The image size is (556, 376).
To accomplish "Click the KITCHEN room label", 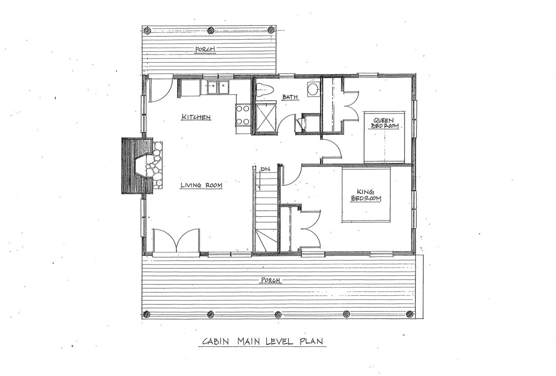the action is (x=196, y=117).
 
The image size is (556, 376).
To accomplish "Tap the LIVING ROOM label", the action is (x=201, y=185).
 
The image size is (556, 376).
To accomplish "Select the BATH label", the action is (x=290, y=97).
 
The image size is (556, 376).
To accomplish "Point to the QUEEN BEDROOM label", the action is (x=385, y=123).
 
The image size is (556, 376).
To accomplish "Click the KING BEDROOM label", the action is (x=366, y=195).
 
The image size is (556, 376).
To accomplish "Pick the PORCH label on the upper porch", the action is (x=205, y=49).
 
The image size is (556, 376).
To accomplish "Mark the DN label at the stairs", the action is (x=264, y=170).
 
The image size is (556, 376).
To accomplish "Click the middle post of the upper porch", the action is (x=211, y=30).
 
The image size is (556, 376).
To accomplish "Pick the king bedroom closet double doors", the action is (x=311, y=228).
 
